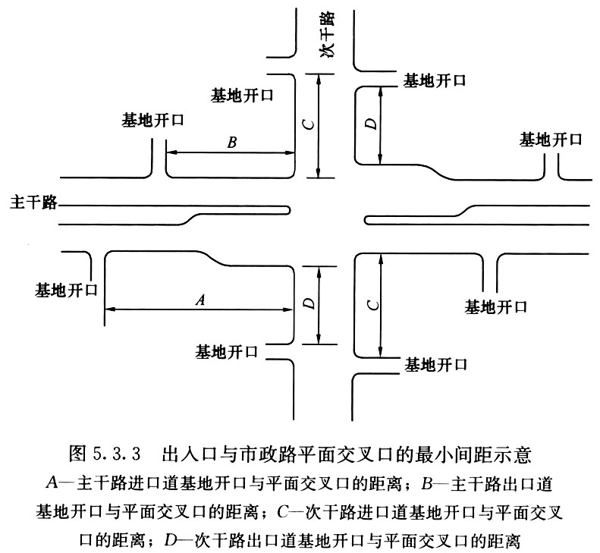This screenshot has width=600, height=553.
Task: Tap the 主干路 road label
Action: (33, 202)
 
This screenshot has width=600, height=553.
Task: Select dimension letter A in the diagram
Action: (200, 300)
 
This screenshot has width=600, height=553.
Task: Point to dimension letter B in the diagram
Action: (232, 143)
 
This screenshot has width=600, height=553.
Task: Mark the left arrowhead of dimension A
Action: (110, 309)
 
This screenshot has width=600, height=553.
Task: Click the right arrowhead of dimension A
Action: (287, 309)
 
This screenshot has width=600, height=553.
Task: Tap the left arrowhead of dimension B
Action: (171, 152)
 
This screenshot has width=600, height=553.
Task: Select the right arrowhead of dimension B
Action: (290, 152)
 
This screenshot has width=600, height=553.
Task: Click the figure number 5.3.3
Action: (117, 454)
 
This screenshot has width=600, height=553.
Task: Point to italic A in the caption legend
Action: (52, 483)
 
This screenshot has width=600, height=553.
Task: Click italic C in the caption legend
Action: (282, 512)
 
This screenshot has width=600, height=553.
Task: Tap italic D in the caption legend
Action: (170, 540)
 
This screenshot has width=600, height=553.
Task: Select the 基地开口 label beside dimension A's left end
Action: (67, 290)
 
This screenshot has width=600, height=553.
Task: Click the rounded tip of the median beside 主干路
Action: (288, 210)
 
